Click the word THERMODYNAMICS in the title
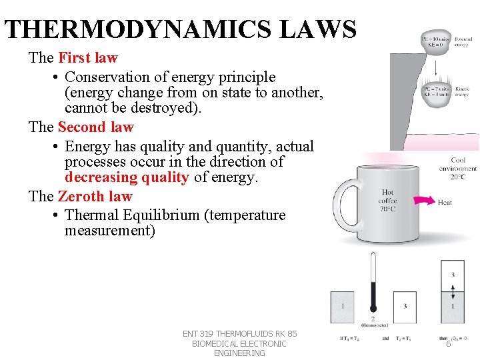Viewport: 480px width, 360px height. [136, 30]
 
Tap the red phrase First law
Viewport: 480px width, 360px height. [87, 58]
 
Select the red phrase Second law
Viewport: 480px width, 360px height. [95, 127]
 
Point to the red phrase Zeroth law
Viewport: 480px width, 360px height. [95, 197]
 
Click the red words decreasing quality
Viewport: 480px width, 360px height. [127, 178]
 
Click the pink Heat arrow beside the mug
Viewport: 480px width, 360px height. [423, 201]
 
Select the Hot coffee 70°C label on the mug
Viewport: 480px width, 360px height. [387, 200]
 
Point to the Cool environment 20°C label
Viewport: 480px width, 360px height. [458, 168]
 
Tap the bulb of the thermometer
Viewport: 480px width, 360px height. [373, 309]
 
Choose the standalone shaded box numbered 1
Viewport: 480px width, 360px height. [343, 307]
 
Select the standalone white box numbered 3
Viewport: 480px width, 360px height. [405, 307]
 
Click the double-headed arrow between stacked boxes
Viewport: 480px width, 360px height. [453, 291]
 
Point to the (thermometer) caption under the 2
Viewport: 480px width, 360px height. [373, 325]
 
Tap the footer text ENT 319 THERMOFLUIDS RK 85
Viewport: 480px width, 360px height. [239, 334]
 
